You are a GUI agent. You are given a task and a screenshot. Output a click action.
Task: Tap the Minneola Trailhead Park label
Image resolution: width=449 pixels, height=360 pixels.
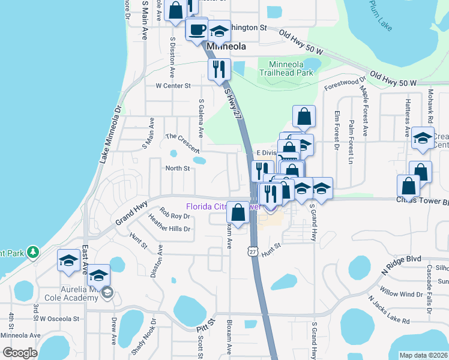click(287, 68)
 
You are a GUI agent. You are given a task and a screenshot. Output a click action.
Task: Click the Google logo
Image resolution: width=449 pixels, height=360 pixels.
click(19, 353)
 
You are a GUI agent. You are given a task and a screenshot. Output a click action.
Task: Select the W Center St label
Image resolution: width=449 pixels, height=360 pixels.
click(173, 86)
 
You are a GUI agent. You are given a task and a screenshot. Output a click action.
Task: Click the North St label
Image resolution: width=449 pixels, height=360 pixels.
click(178, 169)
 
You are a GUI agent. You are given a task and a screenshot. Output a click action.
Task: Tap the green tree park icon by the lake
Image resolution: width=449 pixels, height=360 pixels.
click(34, 252)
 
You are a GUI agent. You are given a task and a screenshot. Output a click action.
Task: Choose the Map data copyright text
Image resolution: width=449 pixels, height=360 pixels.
click(423, 355)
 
